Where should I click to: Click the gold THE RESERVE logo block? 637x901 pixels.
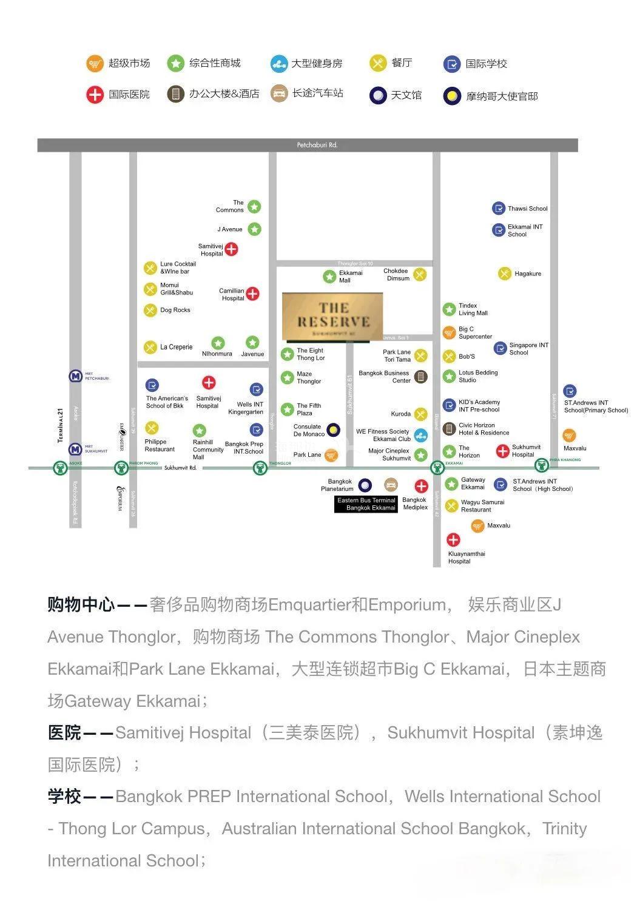pos(332,316)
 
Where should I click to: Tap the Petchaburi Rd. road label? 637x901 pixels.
pos(317,145)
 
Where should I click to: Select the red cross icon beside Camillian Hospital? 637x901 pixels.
pos(252,294)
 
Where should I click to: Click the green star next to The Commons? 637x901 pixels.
pos(254,207)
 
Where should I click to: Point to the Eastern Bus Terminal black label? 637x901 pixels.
pos(366,504)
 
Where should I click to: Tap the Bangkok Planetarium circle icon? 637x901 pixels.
pos(365,485)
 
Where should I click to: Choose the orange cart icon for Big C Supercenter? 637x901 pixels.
pos(449,332)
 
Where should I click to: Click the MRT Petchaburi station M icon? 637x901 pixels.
pos(75,376)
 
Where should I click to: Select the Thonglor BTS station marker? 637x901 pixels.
pos(260,468)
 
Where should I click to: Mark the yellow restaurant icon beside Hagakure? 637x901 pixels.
pos(505,274)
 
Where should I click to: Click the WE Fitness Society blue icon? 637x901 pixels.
pos(420,435)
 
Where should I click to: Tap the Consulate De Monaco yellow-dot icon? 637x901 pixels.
pos(333,430)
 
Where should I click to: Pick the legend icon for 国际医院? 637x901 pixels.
pos(95,95)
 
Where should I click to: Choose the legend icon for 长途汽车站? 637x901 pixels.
pos(279,93)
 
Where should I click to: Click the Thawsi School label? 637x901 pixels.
pos(527,209)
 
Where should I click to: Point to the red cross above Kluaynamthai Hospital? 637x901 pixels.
pos(453,539)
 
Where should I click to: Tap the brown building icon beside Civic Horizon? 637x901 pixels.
pos(449,429)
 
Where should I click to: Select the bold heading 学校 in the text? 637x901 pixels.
pos(64,797)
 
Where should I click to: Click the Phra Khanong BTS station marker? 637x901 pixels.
pos(542,466)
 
